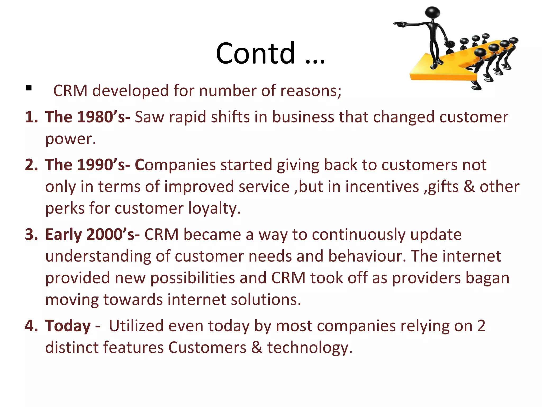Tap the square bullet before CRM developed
click(29, 88)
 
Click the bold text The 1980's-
click(87, 117)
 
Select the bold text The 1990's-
click(87, 165)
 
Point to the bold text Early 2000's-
click(92, 235)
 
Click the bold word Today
click(68, 326)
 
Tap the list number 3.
click(31, 235)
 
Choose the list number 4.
click(31, 326)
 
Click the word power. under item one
click(70, 139)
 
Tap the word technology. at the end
click(310, 348)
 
